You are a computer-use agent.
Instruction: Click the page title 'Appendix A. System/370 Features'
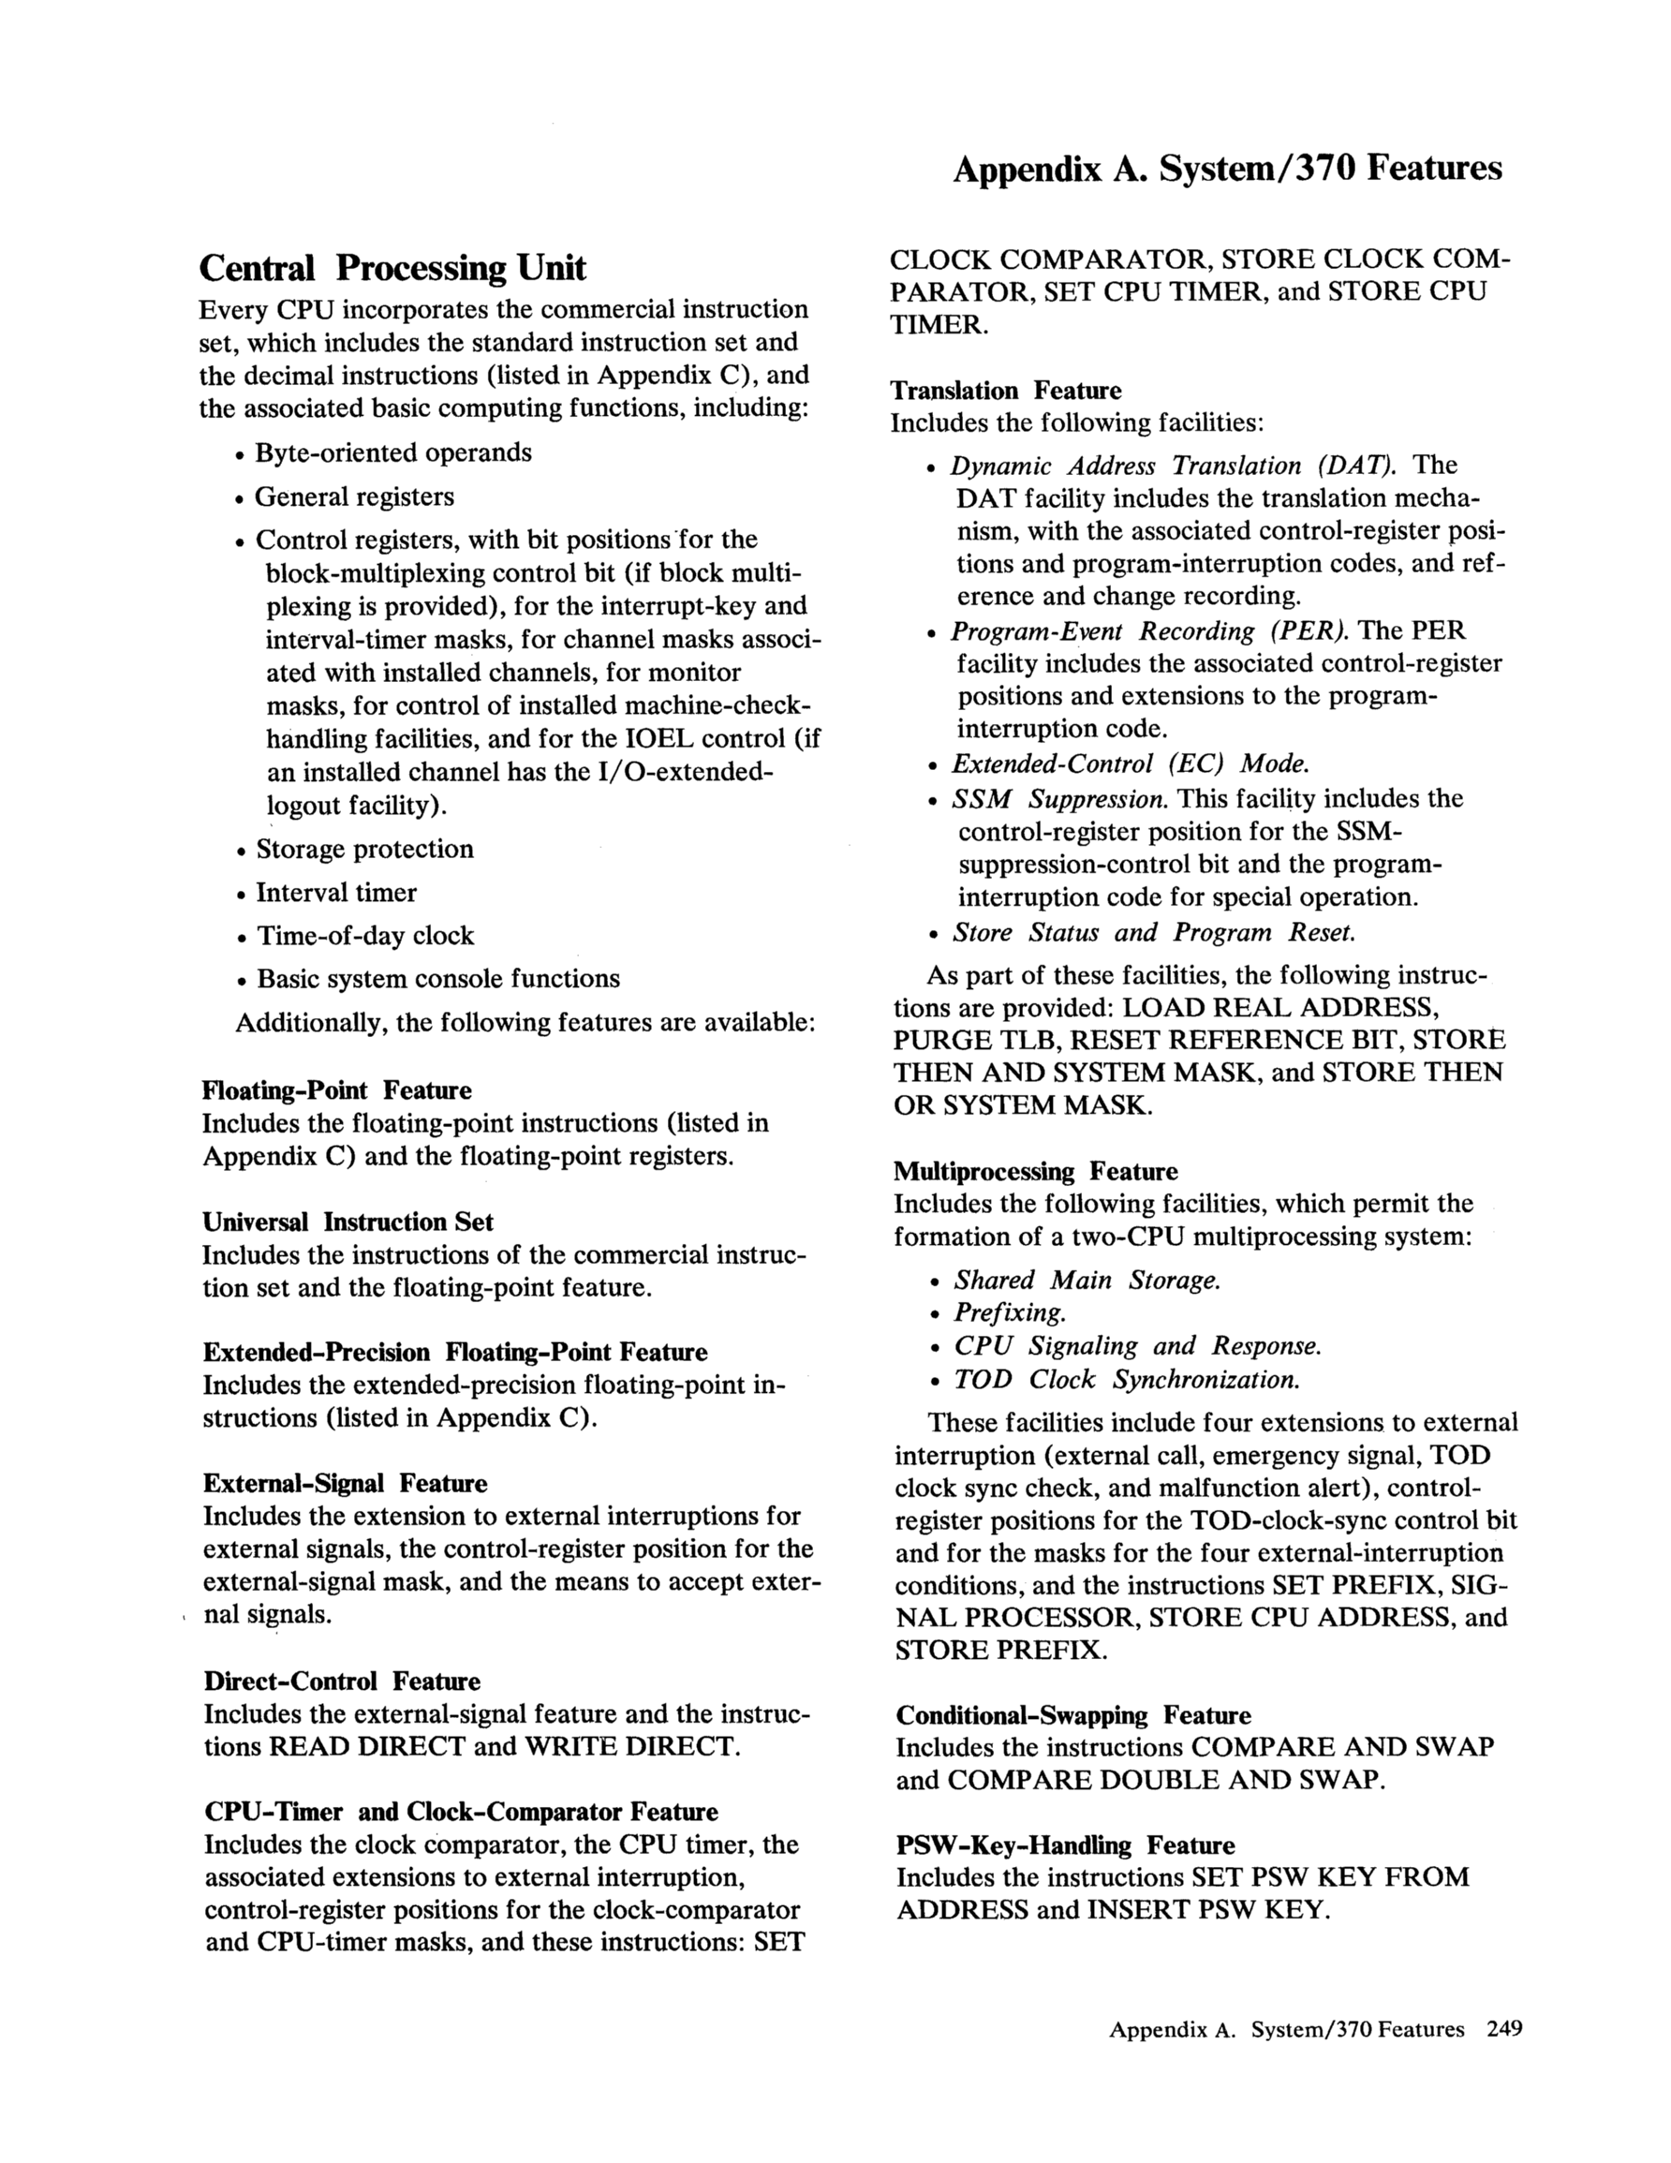[1226, 170]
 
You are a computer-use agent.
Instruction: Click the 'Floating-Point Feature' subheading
[337, 1090]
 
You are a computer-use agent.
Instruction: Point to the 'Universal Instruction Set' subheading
[348, 1222]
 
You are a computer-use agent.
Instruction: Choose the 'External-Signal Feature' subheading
[345, 1484]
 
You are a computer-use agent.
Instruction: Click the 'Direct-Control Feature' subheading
[342, 1682]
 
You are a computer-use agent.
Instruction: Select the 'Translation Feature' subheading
[1005, 391]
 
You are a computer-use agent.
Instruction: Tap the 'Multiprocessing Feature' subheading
[1035, 1172]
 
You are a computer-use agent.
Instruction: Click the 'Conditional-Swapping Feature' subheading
[1073, 1715]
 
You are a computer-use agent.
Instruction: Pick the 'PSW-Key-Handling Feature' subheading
[1066, 1845]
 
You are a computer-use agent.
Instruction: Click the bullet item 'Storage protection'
[364, 849]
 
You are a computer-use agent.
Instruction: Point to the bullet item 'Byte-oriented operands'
[393, 452]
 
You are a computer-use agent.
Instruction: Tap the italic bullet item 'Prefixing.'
[1010, 1313]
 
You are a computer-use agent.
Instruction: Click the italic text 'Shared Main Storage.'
[1087, 1281]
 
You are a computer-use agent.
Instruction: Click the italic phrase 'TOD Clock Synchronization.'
[1126, 1380]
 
